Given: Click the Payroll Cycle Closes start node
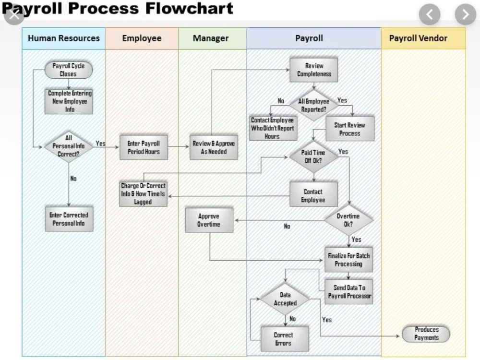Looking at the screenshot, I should [x=68, y=70].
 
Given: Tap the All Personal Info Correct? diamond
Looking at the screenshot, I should [x=68, y=146].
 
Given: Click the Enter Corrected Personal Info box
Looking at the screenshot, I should [x=69, y=219].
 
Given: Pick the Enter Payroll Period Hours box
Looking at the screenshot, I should [x=144, y=147].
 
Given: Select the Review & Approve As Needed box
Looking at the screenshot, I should [x=214, y=147].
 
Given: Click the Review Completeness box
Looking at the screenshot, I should [x=314, y=70].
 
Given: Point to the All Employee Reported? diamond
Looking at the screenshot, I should [x=314, y=105].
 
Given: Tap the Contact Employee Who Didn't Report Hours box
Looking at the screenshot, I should [x=272, y=128].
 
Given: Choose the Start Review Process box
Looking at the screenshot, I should [x=349, y=129].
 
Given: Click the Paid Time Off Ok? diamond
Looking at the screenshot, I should [x=313, y=156].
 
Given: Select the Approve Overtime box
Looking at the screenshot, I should [x=209, y=220].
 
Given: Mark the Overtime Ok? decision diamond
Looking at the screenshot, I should [x=348, y=220].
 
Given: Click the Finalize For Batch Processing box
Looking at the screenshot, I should [x=348, y=260].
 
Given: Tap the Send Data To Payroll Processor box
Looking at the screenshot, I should [x=349, y=292].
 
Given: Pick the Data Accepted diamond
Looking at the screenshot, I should [x=285, y=299].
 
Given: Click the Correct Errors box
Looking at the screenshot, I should [x=283, y=339].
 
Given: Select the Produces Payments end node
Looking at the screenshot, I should [x=426, y=334].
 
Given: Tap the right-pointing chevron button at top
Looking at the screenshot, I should [x=465, y=15].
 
